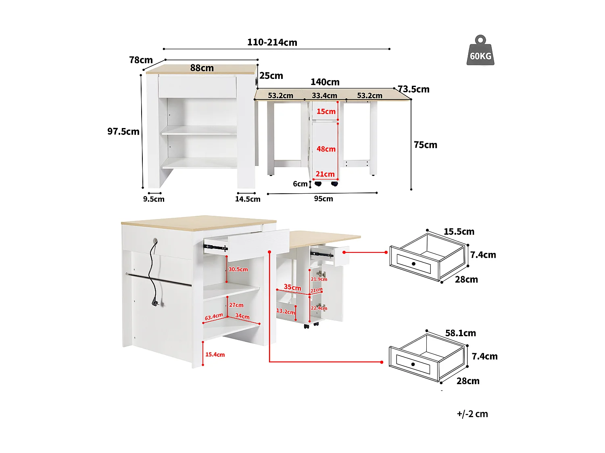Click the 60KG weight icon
[x=480, y=51]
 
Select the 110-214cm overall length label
[x=272, y=42]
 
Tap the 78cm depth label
[x=141, y=60]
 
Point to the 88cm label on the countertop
[x=202, y=68]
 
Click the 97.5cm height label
[x=123, y=131]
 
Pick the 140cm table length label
[x=325, y=82]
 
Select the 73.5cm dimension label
[x=414, y=89]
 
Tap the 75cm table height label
[x=425, y=145]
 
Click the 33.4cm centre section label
[x=324, y=96]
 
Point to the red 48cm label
[x=326, y=149]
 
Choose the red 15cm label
[x=326, y=112]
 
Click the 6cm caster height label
[x=300, y=184]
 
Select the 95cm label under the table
[x=323, y=199]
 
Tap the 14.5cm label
[x=248, y=199]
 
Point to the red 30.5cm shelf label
[x=238, y=269]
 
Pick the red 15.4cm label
[x=215, y=355]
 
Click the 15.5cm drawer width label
[x=459, y=232]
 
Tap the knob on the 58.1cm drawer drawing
[x=413, y=364]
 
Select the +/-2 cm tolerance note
[x=472, y=414]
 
